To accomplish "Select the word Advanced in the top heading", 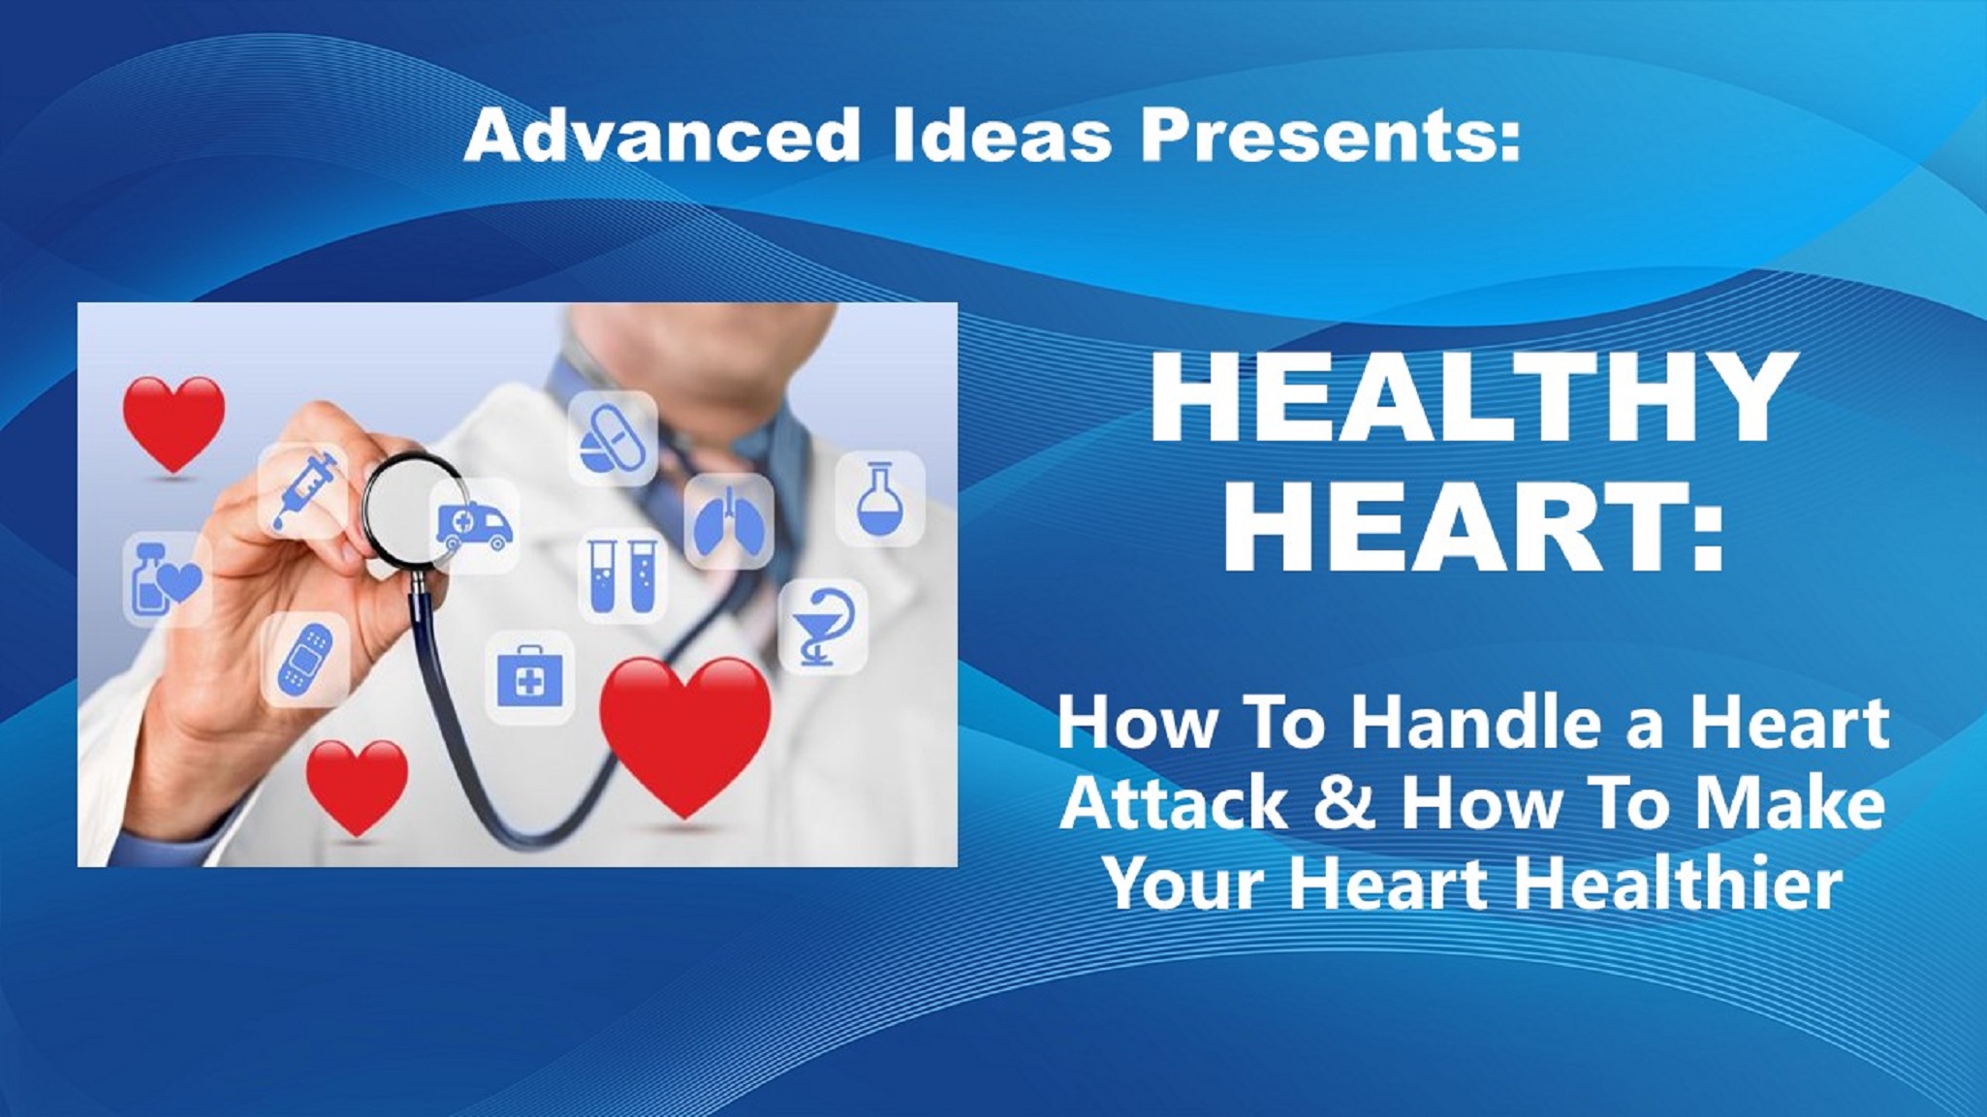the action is [x=662, y=135].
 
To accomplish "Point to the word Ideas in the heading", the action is [x=1002, y=135].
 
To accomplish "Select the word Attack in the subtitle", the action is [x=1174, y=803].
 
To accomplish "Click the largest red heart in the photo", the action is [x=684, y=734].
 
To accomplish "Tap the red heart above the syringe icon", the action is [x=173, y=423].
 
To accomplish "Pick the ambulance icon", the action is [x=474, y=526].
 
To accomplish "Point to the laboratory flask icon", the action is [x=879, y=499].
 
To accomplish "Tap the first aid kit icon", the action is [x=529, y=678].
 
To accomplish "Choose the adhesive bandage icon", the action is [x=304, y=660].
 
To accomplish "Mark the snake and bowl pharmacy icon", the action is [x=823, y=626].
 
